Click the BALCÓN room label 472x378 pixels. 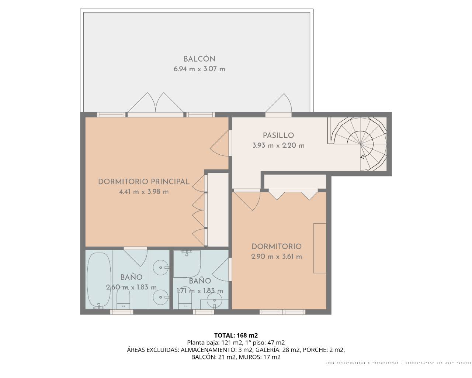(x=199, y=59)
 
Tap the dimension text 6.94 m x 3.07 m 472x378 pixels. (x=199, y=69)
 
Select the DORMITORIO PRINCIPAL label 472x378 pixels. (x=144, y=182)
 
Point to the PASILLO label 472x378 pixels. (x=278, y=135)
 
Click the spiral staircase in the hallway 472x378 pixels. (x=360, y=144)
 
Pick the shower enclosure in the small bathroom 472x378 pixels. (x=187, y=264)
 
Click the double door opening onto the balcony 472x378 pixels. (x=155, y=103)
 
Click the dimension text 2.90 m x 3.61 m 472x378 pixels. (x=277, y=257)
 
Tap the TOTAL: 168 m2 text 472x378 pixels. (x=236, y=336)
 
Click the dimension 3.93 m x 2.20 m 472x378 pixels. (x=278, y=145)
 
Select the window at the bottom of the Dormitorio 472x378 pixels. (x=282, y=312)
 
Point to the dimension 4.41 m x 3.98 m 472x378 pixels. (x=144, y=192)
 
